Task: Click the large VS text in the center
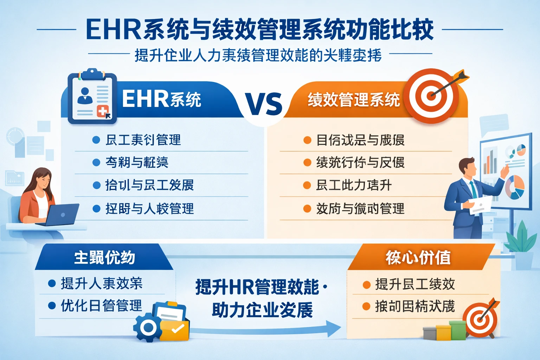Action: click(264, 104)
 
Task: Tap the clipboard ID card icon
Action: click(92, 97)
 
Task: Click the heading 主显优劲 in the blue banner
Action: click(104, 257)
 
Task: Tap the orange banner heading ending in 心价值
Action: click(418, 257)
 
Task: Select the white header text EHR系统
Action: click(161, 99)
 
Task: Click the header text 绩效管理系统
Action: click(354, 100)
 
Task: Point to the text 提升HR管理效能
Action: click(257, 287)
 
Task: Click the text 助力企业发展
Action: click(262, 310)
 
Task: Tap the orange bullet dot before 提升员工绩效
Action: click(366, 285)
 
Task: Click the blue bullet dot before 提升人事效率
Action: click(52, 283)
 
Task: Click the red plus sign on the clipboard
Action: click(102, 112)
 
